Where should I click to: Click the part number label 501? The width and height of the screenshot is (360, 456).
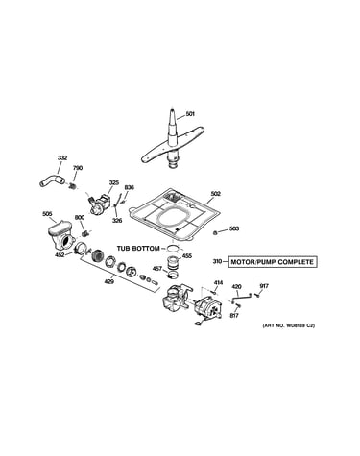point(190,114)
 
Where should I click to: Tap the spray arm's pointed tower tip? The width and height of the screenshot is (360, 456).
point(172,109)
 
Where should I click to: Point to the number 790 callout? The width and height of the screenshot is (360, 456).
point(78,168)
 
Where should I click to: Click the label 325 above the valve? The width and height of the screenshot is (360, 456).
point(114,182)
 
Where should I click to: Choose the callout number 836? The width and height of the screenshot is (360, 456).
point(129,187)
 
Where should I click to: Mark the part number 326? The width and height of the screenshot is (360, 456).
point(117,220)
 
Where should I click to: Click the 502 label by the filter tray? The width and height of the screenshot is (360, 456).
point(216,194)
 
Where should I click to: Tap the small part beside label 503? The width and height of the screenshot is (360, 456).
point(216,232)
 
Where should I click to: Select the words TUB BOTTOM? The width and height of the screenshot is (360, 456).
point(138,249)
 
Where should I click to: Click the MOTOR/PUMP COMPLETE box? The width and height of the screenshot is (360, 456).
point(273,262)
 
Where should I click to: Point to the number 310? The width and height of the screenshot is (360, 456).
point(218,262)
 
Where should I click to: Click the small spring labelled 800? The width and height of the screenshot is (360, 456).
point(85,233)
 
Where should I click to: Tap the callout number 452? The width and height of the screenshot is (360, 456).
point(60,254)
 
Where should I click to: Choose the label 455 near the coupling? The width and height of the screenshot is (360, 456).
point(187,256)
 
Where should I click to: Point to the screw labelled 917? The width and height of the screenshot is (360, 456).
point(256,296)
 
